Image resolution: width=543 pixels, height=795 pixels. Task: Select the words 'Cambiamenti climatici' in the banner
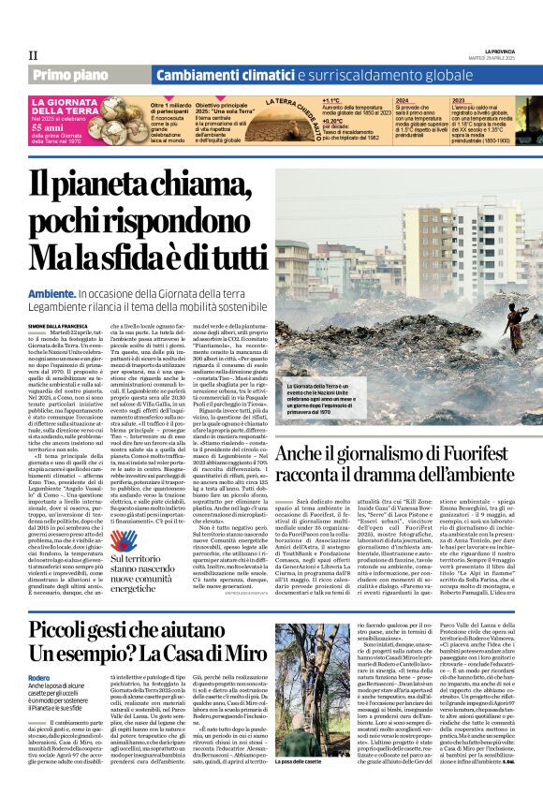(x=225, y=75)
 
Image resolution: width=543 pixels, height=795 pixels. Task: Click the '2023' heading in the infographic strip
(x=459, y=99)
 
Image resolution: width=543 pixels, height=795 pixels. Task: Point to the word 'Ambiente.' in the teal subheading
(x=52, y=293)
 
